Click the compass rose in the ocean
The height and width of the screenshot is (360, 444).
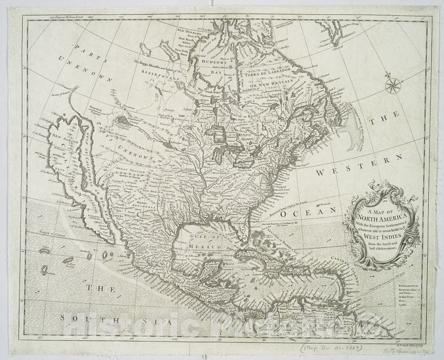(x=393, y=86)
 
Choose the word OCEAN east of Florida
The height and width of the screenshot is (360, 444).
(x=299, y=215)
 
